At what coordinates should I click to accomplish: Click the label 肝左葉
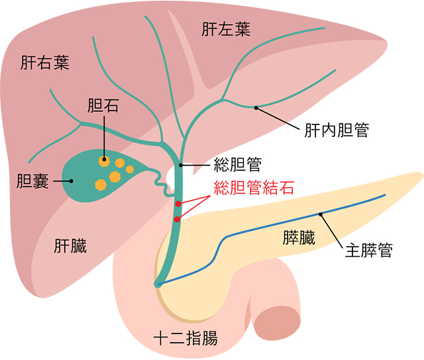(226, 30)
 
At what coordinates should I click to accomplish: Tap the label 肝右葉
(46, 63)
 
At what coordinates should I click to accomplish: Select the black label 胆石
(103, 105)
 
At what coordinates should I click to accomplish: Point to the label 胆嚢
(31, 179)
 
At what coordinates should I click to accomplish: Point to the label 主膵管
(370, 252)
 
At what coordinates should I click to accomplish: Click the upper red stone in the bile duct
(178, 203)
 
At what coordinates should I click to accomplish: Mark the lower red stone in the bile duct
(177, 218)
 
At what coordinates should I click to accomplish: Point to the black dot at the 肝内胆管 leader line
(255, 107)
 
